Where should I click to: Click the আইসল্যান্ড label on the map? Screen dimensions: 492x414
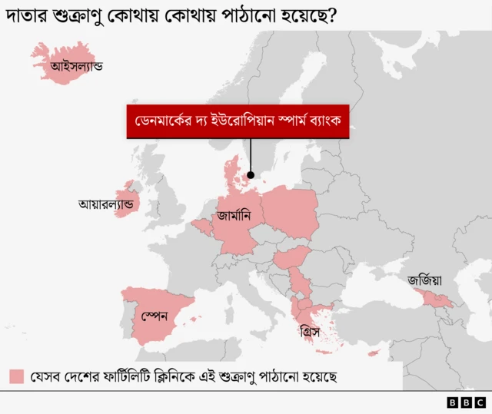77,67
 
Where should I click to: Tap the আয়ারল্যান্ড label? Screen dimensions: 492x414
106,205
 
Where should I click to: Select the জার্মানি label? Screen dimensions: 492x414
234,217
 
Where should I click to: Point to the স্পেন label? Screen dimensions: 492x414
154,315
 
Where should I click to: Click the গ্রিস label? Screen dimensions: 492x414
310,333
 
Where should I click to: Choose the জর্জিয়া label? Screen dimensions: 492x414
425,280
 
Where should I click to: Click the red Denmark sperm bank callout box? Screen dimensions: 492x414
238,121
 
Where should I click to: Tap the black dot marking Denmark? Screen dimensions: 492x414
251,175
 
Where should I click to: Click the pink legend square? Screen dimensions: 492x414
17,377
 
